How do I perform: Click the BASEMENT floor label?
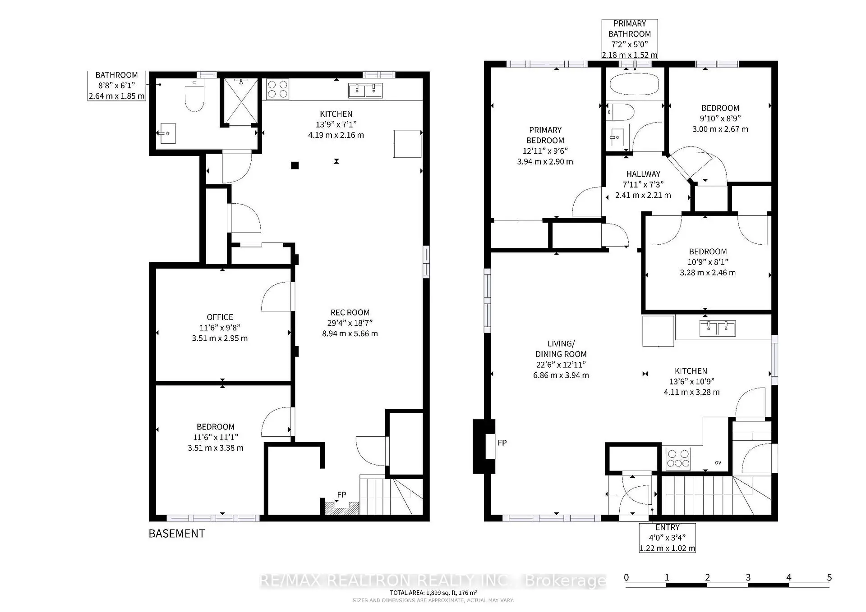coord(176,534)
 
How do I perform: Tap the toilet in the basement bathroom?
coord(195,96)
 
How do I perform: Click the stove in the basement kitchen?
coord(277,89)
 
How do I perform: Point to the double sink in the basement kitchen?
coord(365,90)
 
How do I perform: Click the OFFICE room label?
coord(220,317)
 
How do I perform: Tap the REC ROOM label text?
coord(350,313)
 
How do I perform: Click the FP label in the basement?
coord(341,495)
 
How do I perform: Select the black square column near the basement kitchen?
coord(295,165)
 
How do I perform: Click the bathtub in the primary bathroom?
coord(634,84)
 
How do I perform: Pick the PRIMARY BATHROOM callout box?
coord(629,39)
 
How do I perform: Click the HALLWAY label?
coord(643,174)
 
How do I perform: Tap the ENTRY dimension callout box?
coord(667,538)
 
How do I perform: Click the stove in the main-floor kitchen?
coord(678,458)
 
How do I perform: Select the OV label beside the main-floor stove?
coord(718,462)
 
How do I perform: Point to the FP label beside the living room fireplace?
coord(502,443)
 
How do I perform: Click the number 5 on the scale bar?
coord(829,577)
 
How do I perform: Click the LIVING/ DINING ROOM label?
coord(561,349)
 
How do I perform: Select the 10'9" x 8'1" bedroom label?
coord(707,251)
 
